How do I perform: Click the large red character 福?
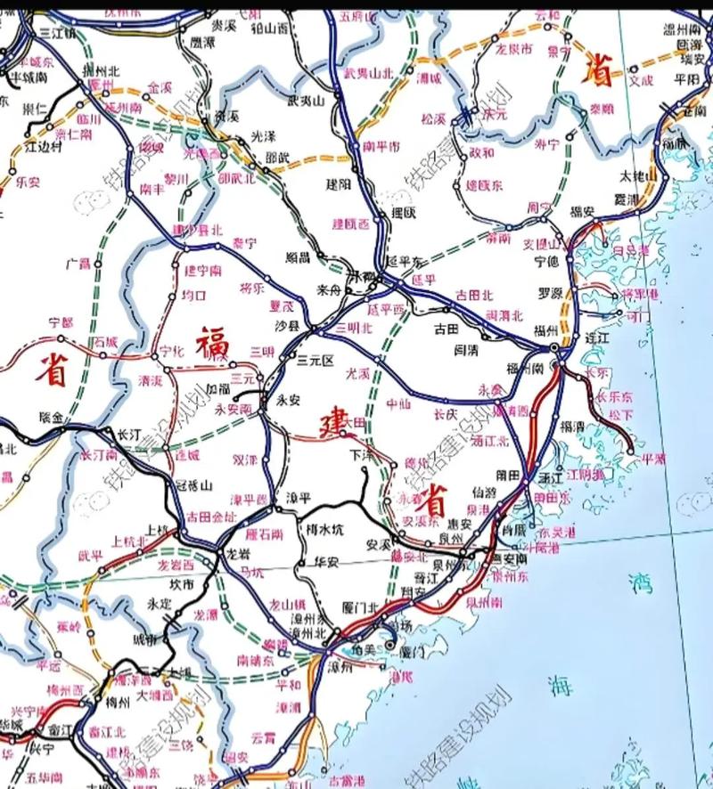pyautogui.click(x=214, y=343)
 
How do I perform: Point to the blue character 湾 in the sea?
pyautogui.click(x=639, y=584)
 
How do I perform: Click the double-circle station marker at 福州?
pyautogui.click(x=554, y=348)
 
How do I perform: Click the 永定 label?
pyautogui.click(x=160, y=603)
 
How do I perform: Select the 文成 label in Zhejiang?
pyautogui.click(x=641, y=80)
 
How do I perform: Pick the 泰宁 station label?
pyautogui.click(x=243, y=241)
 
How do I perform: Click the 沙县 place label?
pyautogui.click(x=287, y=327)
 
